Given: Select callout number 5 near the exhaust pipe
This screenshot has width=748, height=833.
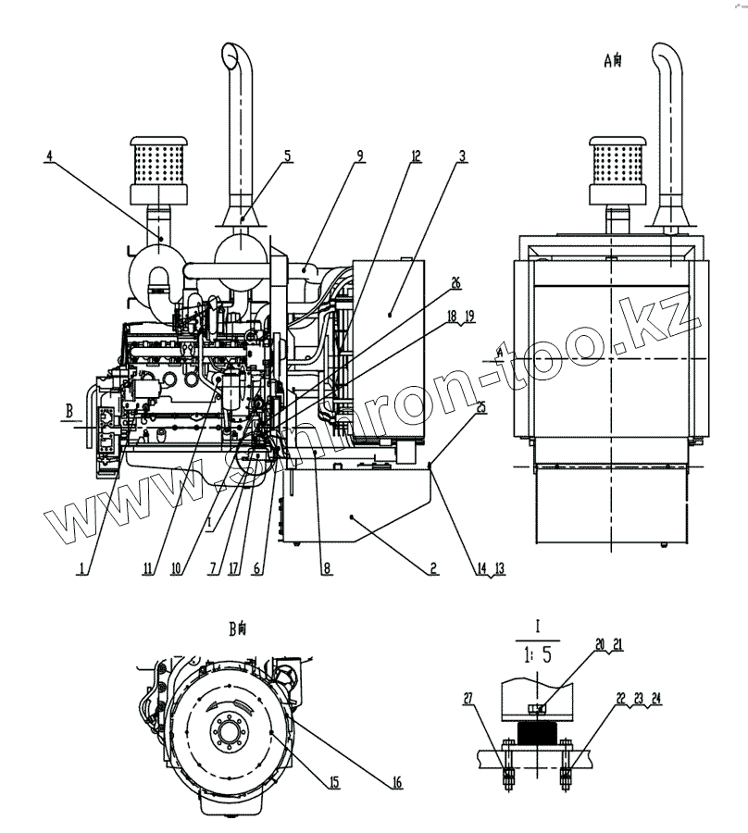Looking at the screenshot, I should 288,155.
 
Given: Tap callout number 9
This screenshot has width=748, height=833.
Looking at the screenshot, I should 357,155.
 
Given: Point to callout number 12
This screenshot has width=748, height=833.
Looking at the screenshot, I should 417,155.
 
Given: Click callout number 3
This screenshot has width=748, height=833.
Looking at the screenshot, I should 461,155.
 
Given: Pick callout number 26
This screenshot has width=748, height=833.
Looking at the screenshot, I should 455,282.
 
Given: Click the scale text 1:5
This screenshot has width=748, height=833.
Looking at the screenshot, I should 537,655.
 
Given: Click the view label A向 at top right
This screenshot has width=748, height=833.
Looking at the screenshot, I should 613,61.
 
